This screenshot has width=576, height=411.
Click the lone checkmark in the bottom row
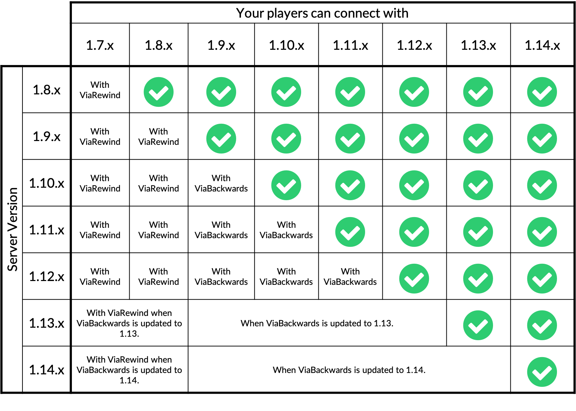[x=542, y=372]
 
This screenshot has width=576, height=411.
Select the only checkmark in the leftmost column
[x=159, y=92]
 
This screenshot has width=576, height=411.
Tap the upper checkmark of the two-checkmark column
[x=221, y=92]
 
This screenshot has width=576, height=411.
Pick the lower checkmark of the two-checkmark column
[x=221, y=139]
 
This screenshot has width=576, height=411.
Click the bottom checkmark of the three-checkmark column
[x=286, y=185]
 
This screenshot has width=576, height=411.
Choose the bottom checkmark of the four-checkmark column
[x=350, y=232]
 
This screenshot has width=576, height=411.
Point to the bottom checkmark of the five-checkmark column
[x=414, y=279]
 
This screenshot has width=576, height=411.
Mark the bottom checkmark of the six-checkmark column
[x=478, y=325]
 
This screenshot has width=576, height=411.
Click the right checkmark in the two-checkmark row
[x=542, y=325]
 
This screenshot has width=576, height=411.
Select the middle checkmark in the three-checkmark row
[x=478, y=279]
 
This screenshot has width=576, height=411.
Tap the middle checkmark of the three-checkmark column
[x=286, y=139]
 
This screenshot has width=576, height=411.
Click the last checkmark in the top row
[x=542, y=92]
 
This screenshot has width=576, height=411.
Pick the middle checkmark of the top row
[x=350, y=92]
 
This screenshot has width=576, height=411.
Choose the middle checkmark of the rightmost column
[x=542, y=232]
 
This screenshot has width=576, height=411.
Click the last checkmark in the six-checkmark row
[x=542, y=139]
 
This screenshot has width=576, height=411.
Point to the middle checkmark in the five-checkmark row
[x=414, y=185]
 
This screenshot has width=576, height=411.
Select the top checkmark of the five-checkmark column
[x=414, y=92]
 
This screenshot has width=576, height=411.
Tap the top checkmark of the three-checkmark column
[x=286, y=92]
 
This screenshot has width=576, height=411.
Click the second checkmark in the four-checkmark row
[x=414, y=232]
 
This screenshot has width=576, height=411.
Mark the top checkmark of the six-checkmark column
[x=478, y=92]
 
